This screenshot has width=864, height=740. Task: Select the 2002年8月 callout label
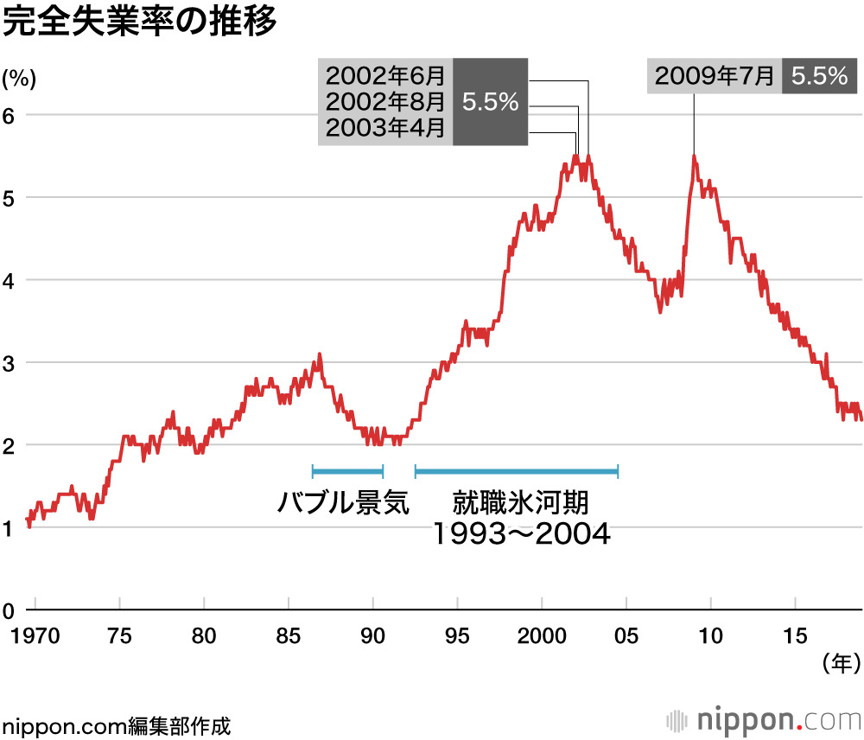pyautogui.click(x=384, y=102)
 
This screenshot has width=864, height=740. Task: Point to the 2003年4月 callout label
pyautogui.click(x=384, y=130)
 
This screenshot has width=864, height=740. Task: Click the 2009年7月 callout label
pyautogui.click(x=715, y=76)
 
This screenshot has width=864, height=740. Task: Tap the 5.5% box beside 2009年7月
pyautogui.click(x=818, y=76)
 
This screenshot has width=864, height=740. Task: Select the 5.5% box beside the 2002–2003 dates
pyautogui.click(x=490, y=102)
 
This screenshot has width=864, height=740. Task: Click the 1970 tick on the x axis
pyautogui.click(x=35, y=636)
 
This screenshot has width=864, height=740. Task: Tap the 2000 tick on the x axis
pyautogui.click(x=542, y=636)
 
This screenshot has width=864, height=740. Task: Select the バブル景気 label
pyautogui.click(x=343, y=503)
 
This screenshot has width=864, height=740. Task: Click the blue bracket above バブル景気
pyautogui.click(x=347, y=471)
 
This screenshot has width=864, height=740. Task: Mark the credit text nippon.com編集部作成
pyautogui.click(x=117, y=724)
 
